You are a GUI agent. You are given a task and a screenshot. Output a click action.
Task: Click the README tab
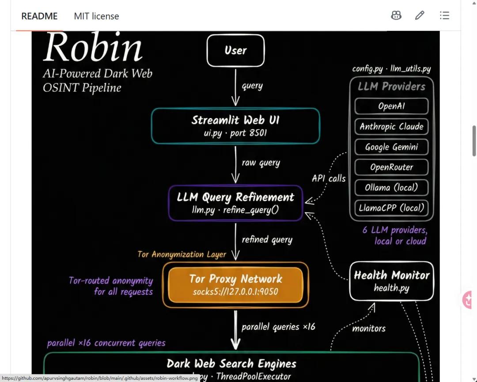coord(39,16)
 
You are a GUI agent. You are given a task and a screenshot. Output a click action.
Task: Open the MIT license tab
coord(96,16)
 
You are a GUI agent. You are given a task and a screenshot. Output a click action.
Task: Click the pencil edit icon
coord(420,15)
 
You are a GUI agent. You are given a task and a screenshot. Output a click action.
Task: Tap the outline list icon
coord(444,15)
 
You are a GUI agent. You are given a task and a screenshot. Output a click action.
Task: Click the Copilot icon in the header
coord(396,15)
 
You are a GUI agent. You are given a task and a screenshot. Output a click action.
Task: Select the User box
coord(235,50)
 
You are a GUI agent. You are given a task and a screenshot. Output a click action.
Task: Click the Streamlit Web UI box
coord(235,126)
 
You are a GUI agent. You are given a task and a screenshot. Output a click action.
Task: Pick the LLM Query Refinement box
coord(235,203)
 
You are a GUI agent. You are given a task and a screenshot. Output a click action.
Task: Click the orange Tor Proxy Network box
coord(235,285)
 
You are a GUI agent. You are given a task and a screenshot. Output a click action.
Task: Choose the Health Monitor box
coord(391,281)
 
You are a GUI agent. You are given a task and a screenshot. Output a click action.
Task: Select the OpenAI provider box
coord(391,106)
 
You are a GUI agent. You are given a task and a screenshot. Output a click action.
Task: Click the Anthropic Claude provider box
coord(391,126)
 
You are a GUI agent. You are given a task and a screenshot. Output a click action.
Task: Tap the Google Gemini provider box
coord(391,147)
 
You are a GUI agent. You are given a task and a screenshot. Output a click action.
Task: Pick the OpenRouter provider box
coord(391,167)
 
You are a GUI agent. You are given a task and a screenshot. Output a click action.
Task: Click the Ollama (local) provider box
coord(391,187)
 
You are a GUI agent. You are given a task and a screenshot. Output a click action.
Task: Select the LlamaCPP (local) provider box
coord(391,208)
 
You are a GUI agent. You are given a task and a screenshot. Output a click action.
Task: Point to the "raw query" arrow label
coord(261,163)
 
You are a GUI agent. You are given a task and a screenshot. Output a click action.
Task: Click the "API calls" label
coord(329,178)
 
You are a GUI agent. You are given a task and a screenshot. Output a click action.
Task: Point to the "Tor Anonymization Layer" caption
coord(182,254)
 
